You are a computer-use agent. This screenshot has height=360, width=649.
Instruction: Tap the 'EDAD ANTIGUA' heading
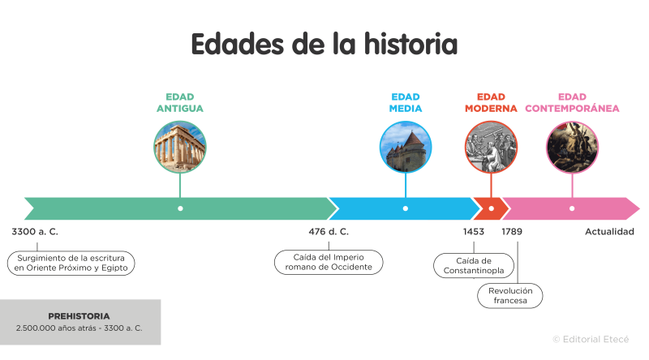(179, 102)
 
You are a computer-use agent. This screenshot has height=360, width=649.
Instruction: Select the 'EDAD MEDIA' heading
(405, 102)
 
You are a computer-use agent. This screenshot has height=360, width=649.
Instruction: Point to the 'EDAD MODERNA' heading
(491, 102)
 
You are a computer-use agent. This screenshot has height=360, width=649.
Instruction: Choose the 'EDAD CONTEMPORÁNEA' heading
(572, 102)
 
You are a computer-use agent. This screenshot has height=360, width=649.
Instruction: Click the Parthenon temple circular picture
(180, 147)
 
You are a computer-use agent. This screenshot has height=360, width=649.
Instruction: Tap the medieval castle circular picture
(406, 147)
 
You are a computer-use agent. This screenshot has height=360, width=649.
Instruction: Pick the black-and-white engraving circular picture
(491, 147)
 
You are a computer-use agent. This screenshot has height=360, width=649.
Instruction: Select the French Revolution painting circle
(572, 147)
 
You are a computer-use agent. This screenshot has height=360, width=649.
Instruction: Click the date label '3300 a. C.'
(35, 232)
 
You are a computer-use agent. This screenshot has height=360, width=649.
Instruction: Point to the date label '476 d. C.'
(329, 232)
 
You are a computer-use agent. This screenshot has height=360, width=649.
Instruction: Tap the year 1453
(474, 232)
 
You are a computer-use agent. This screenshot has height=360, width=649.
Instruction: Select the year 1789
(512, 232)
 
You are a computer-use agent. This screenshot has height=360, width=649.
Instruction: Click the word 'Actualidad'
(609, 232)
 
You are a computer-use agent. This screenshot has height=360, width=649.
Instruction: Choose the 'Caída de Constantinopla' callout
(474, 265)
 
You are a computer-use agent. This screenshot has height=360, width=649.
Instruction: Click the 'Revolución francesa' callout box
(509, 295)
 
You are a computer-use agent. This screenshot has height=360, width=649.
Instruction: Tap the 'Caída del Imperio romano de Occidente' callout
(328, 262)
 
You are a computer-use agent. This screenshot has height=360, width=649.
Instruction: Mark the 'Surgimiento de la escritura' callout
(71, 262)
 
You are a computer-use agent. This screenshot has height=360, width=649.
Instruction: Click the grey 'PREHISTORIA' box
(80, 321)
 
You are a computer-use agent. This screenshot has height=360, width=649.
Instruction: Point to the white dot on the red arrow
(491, 208)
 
